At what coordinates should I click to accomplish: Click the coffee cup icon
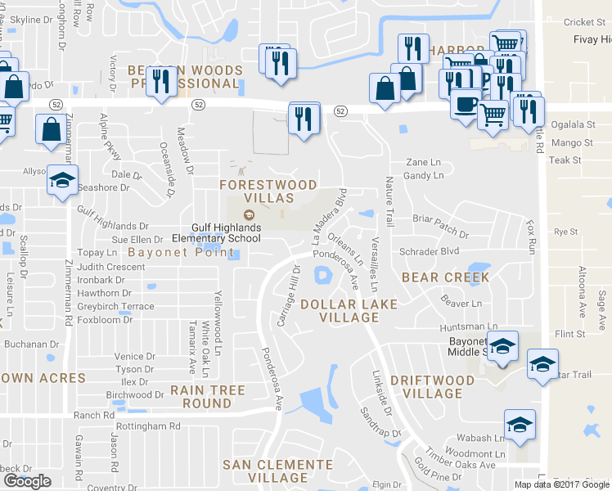tap(466, 106)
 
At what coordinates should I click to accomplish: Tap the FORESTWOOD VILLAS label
tap(256, 191)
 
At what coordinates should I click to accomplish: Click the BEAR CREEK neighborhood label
tap(445, 277)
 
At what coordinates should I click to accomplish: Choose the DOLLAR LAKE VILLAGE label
tap(349, 311)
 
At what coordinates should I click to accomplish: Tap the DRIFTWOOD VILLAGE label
tap(432, 387)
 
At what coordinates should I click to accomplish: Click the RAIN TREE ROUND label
tap(208, 397)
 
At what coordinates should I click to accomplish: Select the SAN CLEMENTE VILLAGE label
tap(278, 471)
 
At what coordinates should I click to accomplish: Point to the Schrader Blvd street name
tap(429, 251)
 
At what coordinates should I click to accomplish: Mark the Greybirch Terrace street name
tap(115, 306)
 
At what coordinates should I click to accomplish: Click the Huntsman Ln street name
tap(468, 327)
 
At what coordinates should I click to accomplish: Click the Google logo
tap(27, 481)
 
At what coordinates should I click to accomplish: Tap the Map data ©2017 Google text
tap(561, 484)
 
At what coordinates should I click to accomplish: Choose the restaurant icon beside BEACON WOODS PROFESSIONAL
tap(161, 81)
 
